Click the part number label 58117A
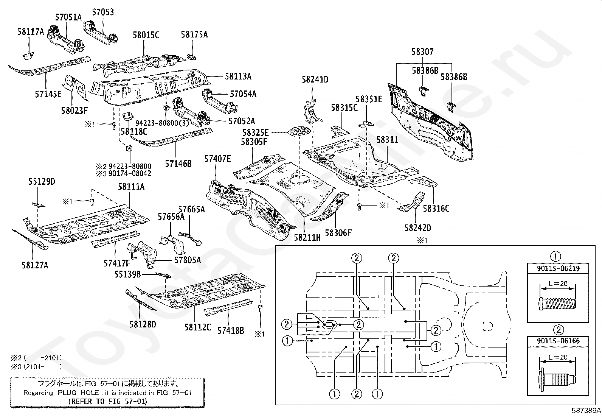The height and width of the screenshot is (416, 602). [x=30, y=32]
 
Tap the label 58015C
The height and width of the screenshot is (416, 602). [x=146, y=35]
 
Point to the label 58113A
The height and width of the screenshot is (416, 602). [x=238, y=76]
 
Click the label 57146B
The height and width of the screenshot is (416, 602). [x=178, y=164]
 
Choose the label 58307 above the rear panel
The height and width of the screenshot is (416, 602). [x=422, y=52]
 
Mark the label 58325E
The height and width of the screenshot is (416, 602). [x=255, y=133]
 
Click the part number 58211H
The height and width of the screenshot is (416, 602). [x=307, y=237]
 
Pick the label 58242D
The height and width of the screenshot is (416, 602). [x=417, y=228]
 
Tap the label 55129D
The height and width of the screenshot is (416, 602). [x=42, y=182]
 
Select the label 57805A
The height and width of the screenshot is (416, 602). [x=188, y=260]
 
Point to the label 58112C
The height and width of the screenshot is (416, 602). [x=197, y=327]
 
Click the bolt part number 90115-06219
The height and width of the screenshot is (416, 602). [x=558, y=268]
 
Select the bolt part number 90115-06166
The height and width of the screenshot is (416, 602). [x=558, y=341]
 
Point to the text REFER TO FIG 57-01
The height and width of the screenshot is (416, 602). [x=108, y=401]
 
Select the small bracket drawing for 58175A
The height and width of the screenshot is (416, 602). [x=192, y=56]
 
